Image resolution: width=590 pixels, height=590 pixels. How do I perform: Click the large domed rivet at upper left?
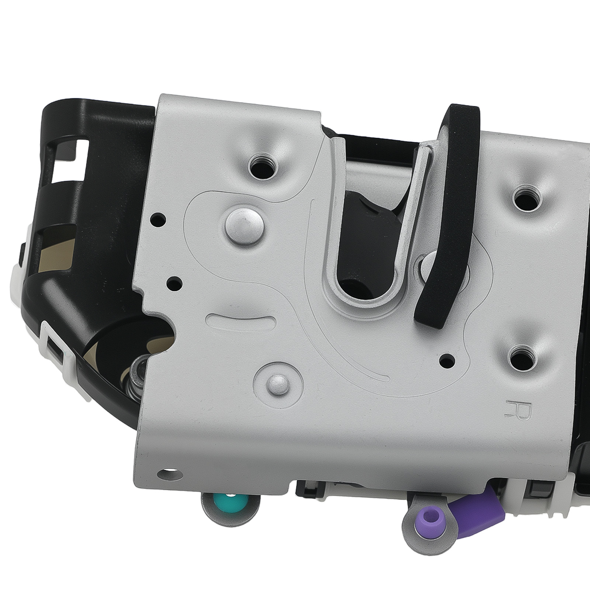[244, 223]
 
